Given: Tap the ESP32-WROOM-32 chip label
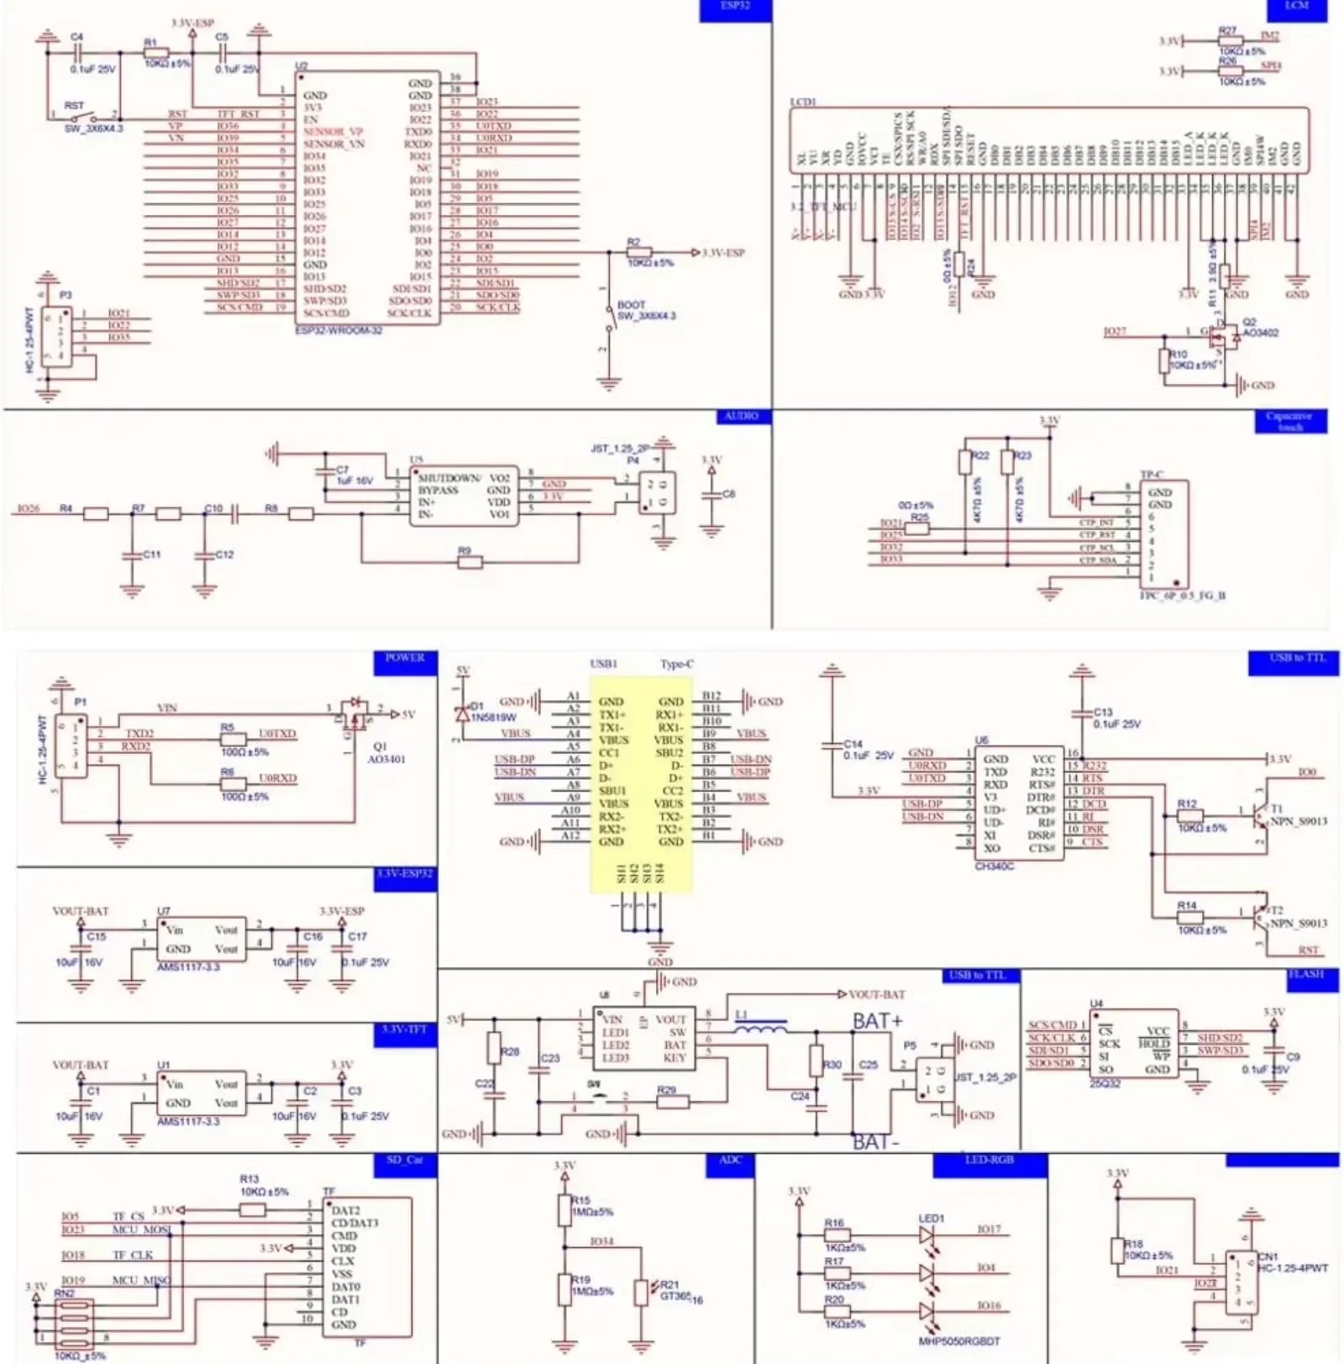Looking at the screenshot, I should click(x=339, y=330).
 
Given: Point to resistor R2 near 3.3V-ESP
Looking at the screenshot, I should click(x=639, y=251).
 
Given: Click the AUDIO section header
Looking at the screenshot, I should click(x=742, y=417).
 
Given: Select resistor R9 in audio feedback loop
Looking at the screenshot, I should click(x=470, y=561).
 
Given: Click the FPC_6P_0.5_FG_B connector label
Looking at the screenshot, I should click(x=1182, y=596).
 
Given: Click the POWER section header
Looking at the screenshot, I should click(x=405, y=659).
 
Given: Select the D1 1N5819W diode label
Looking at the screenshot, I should click(x=492, y=712).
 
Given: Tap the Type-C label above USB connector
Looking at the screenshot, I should click(x=676, y=664).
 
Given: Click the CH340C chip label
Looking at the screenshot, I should click(x=994, y=866).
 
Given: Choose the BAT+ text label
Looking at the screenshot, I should click(x=877, y=1020).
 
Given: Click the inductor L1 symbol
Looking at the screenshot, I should click(x=761, y=1026).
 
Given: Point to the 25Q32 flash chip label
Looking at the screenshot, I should click(x=1105, y=1084).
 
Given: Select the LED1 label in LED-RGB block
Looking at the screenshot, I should click(x=931, y=1218).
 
